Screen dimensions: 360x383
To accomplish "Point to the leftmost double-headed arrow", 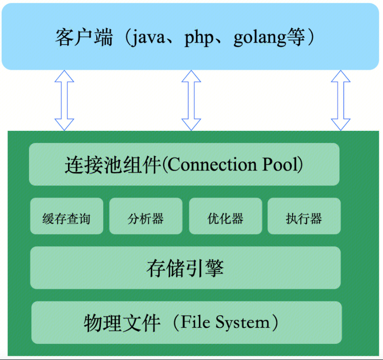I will (x=64, y=100).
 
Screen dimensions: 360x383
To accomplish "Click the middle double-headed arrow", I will (x=191, y=100).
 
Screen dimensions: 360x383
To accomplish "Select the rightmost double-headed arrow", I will (x=341, y=100).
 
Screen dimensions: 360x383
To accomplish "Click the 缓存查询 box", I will (x=66, y=219).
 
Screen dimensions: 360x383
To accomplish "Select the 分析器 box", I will (x=146, y=218).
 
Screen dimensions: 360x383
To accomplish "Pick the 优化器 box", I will (x=226, y=218).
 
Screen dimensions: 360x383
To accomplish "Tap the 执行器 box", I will (x=304, y=218).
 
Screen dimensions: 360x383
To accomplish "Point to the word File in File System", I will (x=196, y=322).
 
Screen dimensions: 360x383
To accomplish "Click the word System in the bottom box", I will (x=243, y=323).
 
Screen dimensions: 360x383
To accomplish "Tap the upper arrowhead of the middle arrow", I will (x=191, y=77).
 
